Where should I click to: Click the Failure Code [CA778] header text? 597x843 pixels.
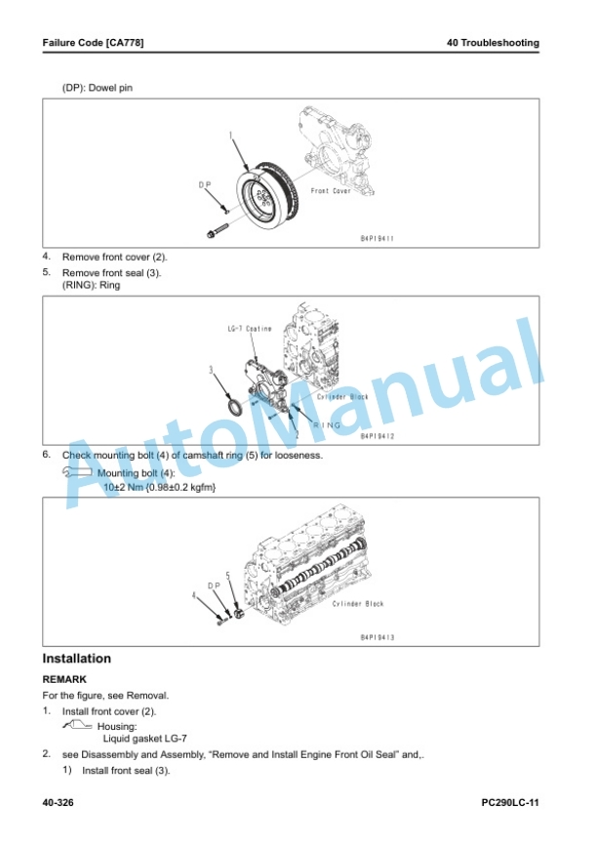point(93,43)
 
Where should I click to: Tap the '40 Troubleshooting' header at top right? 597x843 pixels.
point(493,43)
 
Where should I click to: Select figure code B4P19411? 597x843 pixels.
point(378,238)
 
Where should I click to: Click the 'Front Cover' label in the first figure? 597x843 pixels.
point(331,191)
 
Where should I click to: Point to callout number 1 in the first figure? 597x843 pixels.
point(231,135)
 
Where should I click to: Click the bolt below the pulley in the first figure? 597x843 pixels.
point(217,230)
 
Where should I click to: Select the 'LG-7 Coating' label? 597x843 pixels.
point(250,329)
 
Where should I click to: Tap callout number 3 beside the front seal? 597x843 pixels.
point(211,370)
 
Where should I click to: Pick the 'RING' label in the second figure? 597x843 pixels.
point(327,424)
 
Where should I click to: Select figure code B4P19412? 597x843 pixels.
point(378,436)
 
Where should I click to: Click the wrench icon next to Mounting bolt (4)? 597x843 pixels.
point(77,472)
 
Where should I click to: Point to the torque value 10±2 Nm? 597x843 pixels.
point(124,487)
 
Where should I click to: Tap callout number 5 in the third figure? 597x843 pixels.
point(228,576)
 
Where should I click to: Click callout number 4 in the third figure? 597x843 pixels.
point(194,595)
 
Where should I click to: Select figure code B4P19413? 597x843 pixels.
point(378,638)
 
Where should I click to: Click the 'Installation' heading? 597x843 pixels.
point(77,659)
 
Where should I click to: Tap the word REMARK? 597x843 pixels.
point(64,679)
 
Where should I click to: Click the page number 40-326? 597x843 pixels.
point(58,803)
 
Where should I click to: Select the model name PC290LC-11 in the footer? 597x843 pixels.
point(510,803)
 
